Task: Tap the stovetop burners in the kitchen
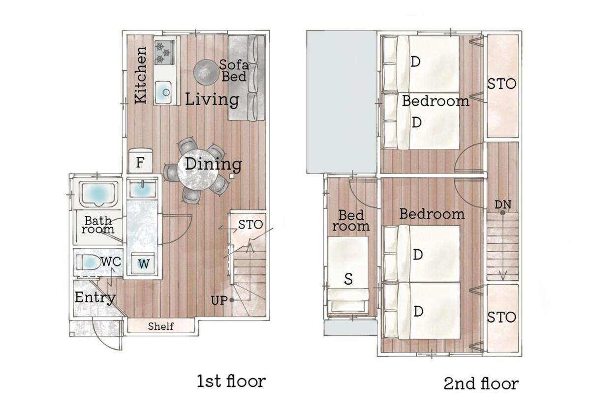[164, 51]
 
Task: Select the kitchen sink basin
[164, 92]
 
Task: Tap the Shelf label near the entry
[161, 326]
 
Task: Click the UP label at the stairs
[219, 301]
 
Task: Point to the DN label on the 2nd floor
[503, 205]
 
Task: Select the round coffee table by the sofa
[206, 72]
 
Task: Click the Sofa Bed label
[234, 71]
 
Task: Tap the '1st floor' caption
[231, 381]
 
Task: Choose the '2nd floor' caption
[481, 383]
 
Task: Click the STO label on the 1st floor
[250, 225]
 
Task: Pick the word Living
[212, 100]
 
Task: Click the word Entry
[95, 297]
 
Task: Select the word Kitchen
[140, 75]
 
